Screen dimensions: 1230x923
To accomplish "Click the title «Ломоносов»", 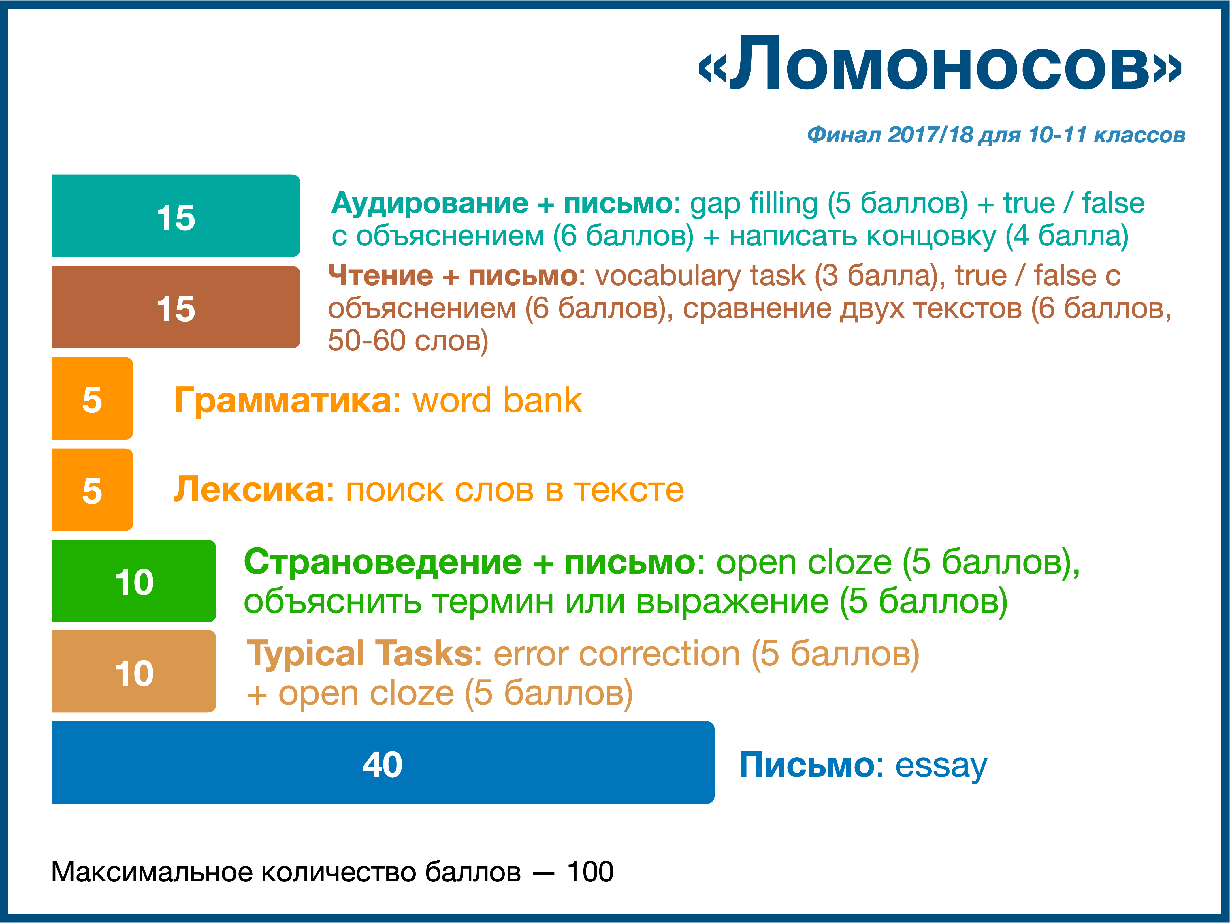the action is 940,64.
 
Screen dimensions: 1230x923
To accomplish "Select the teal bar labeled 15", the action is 176,216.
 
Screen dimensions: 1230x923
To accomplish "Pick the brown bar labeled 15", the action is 176,307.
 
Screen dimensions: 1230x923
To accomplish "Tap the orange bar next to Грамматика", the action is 92,398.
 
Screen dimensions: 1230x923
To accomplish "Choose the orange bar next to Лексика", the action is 92,489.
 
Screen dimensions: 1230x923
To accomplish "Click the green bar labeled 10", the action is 134,581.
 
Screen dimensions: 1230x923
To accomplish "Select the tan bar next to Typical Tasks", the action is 134,671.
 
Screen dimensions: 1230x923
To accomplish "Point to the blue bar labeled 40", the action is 383,763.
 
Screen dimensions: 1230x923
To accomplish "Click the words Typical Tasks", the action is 360,654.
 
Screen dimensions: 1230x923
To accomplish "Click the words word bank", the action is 497,401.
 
